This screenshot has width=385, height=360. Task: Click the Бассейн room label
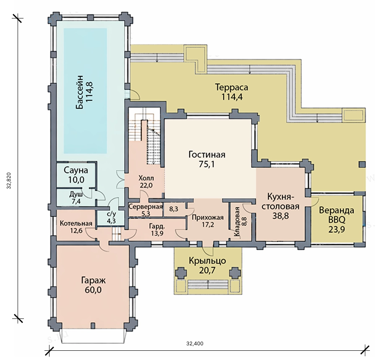80,92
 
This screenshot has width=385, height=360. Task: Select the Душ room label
76,194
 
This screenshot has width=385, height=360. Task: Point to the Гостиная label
207,155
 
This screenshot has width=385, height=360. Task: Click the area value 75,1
207,164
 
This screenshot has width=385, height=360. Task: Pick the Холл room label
146,178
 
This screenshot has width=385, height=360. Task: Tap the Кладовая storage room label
237,222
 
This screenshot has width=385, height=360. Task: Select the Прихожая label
208,218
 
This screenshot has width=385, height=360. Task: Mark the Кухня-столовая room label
281,201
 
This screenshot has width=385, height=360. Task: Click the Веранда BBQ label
337,215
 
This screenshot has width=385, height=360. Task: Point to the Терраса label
232,87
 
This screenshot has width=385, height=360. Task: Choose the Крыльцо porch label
208,261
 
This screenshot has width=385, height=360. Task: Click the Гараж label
93,280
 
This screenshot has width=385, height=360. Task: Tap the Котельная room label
76,223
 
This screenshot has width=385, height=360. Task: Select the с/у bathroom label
111,214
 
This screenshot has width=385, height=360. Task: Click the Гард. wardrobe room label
157,226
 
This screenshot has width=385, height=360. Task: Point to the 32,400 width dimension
195,343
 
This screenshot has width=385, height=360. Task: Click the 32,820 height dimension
9,180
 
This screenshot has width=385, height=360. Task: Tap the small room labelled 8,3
174,209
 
